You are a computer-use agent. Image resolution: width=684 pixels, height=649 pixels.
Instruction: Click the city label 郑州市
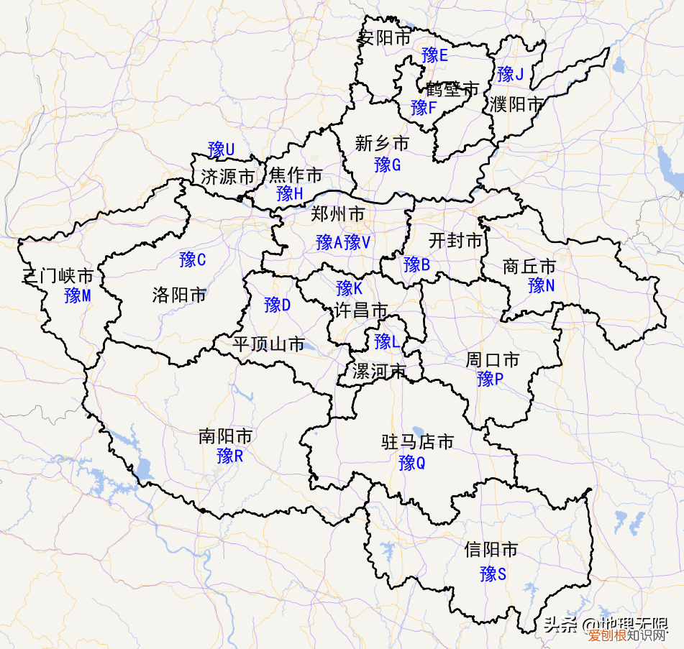click(x=337, y=214)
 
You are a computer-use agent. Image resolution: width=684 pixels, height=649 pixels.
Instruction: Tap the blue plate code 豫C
click(x=193, y=259)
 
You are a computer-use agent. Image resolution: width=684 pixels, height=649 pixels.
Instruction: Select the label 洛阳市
click(x=179, y=295)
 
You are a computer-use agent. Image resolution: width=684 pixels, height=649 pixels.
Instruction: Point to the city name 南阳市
click(x=225, y=436)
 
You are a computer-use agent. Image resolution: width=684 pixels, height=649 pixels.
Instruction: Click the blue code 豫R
click(x=230, y=456)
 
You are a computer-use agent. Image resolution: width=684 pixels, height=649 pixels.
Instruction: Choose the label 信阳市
click(x=491, y=551)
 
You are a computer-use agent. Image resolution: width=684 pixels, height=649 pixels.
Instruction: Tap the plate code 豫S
click(x=493, y=574)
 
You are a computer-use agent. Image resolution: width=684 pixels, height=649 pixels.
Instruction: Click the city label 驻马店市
click(x=417, y=443)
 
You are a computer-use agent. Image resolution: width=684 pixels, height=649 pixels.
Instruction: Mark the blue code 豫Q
click(x=412, y=463)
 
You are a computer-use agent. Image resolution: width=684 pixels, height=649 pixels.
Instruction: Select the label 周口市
click(x=492, y=359)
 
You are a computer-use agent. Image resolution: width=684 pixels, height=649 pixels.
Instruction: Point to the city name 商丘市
click(x=529, y=267)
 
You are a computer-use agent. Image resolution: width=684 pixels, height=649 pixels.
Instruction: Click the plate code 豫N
click(x=541, y=285)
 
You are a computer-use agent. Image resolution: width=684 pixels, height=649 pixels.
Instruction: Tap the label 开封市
click(x=455, y=241)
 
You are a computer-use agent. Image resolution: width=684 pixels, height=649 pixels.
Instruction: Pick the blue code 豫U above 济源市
click(x=221, y=149)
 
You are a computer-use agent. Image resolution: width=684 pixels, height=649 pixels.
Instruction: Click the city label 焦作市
click(x=296, y=175)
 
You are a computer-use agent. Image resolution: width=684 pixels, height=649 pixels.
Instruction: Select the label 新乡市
click(x=382, y=144)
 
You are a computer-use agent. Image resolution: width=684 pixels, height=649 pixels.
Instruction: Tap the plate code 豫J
click(x=510, y=73)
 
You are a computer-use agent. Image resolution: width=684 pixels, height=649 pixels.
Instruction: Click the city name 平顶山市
click(x=268, y=344)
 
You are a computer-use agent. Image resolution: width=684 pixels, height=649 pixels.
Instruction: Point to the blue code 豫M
click(x=77, y=295)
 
